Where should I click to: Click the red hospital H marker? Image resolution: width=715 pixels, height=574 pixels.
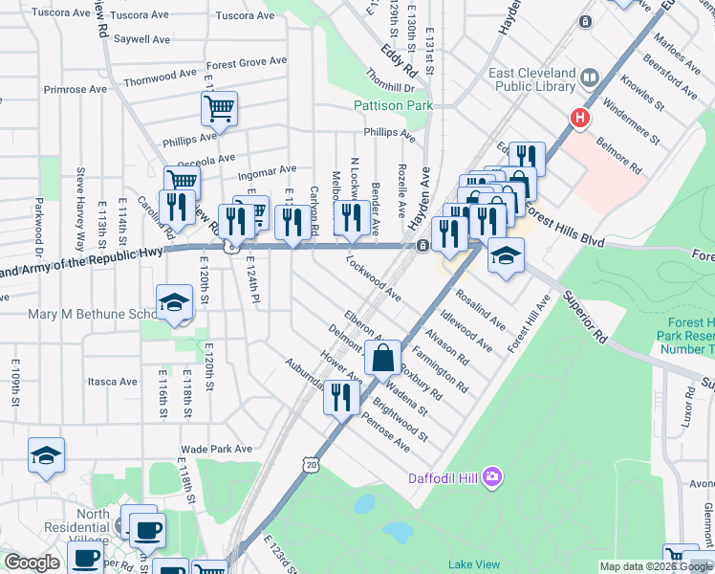click(578, 119)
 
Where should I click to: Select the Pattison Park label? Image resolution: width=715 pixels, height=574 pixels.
click(393, 105)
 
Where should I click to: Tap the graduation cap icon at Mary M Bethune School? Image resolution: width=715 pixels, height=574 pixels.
click(174, 303)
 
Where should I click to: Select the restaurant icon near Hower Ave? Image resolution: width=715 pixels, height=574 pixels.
click(341, 395)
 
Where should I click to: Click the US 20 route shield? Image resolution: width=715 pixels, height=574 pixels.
click(310, 464)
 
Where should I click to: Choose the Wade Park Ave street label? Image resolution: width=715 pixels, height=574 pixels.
click(216, 449)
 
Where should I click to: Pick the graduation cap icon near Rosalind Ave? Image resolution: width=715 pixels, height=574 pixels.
click(506, 254)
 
